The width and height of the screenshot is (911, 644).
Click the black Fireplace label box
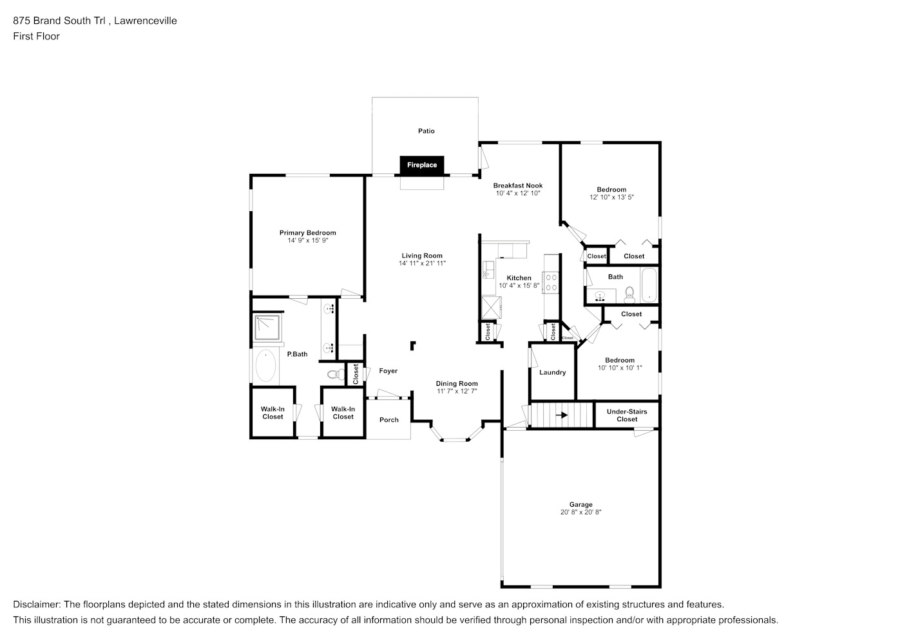pyautogui.click(x=422, y=166)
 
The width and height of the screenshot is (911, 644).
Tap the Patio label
pyautogui.click(x=427, y=131)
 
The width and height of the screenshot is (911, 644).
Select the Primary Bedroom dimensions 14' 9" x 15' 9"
pyautogui.click(x=308, y=241)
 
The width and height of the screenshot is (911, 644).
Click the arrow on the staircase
pyautogui.click(x=562, y=415)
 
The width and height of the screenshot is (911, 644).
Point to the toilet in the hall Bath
pyautogui.click(x=629, y=295)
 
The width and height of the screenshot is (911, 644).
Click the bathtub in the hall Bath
pyautogui.click(x=649, y=285)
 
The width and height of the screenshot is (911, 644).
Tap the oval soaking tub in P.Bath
pyautogui.click(x=265, y=366)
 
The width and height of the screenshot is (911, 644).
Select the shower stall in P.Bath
pyautogui.click(x=267, y=327)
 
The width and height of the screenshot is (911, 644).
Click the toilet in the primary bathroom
pyautogui.click(x=336, y=374)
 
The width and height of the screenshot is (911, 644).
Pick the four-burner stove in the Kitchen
pyautogui.click(x=551, y=283)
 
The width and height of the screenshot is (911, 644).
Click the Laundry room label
pyautogui.click(x=552, y=372)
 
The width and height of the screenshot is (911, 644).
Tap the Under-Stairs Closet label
pyautogui.click(x=627, y=415)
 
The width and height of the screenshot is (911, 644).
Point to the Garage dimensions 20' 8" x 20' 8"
pyautogui.click(x=580, y=512)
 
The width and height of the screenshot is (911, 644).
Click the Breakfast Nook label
pyautogui.click(x=518, y=185)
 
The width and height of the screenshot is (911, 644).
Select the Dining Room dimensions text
pyautogui.click(x=457, y=391)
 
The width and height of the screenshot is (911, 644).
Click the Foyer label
pyautogui.click(x=388, y=371)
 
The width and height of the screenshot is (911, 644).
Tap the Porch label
pyautogui.click(x=388, y=420)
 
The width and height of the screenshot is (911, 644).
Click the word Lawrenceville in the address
pyautogui.click(x=145, y=21)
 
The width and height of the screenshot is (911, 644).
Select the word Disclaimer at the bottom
pyautogui.click(x=37, y=605)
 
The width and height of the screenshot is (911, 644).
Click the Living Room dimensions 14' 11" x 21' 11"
pyautogui.click(x=422, y=263)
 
